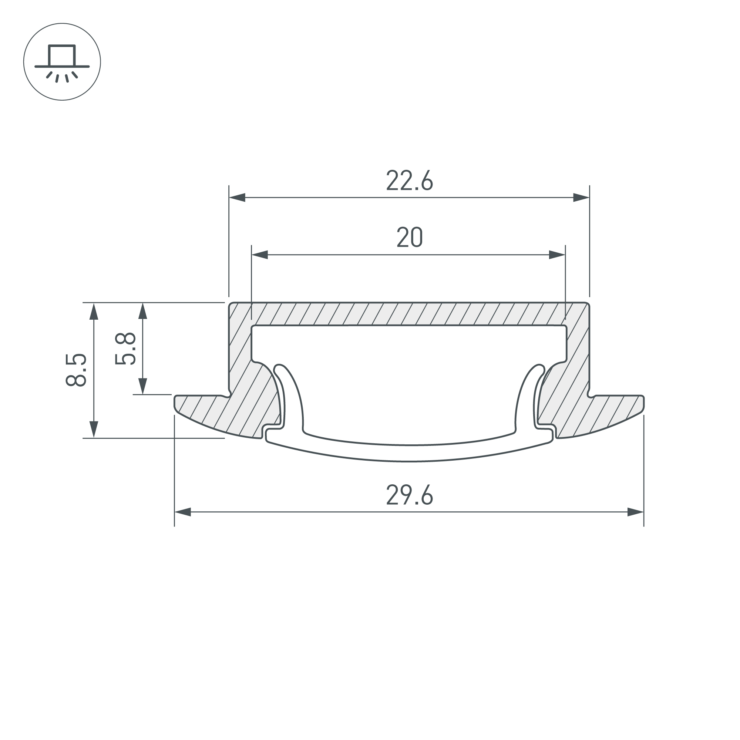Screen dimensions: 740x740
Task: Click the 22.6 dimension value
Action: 409,180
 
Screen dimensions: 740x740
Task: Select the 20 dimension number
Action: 410,237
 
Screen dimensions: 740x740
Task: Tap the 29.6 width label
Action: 410,494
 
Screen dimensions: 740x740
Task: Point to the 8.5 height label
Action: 76,370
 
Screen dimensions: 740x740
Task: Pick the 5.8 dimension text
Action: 125,348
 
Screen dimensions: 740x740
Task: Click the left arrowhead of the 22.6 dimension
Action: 237,198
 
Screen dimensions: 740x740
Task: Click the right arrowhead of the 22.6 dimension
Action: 581,198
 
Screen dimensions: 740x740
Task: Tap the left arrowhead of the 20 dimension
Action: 259,255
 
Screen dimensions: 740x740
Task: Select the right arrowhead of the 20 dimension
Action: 557,255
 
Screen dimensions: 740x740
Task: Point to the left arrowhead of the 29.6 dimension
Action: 183,512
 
